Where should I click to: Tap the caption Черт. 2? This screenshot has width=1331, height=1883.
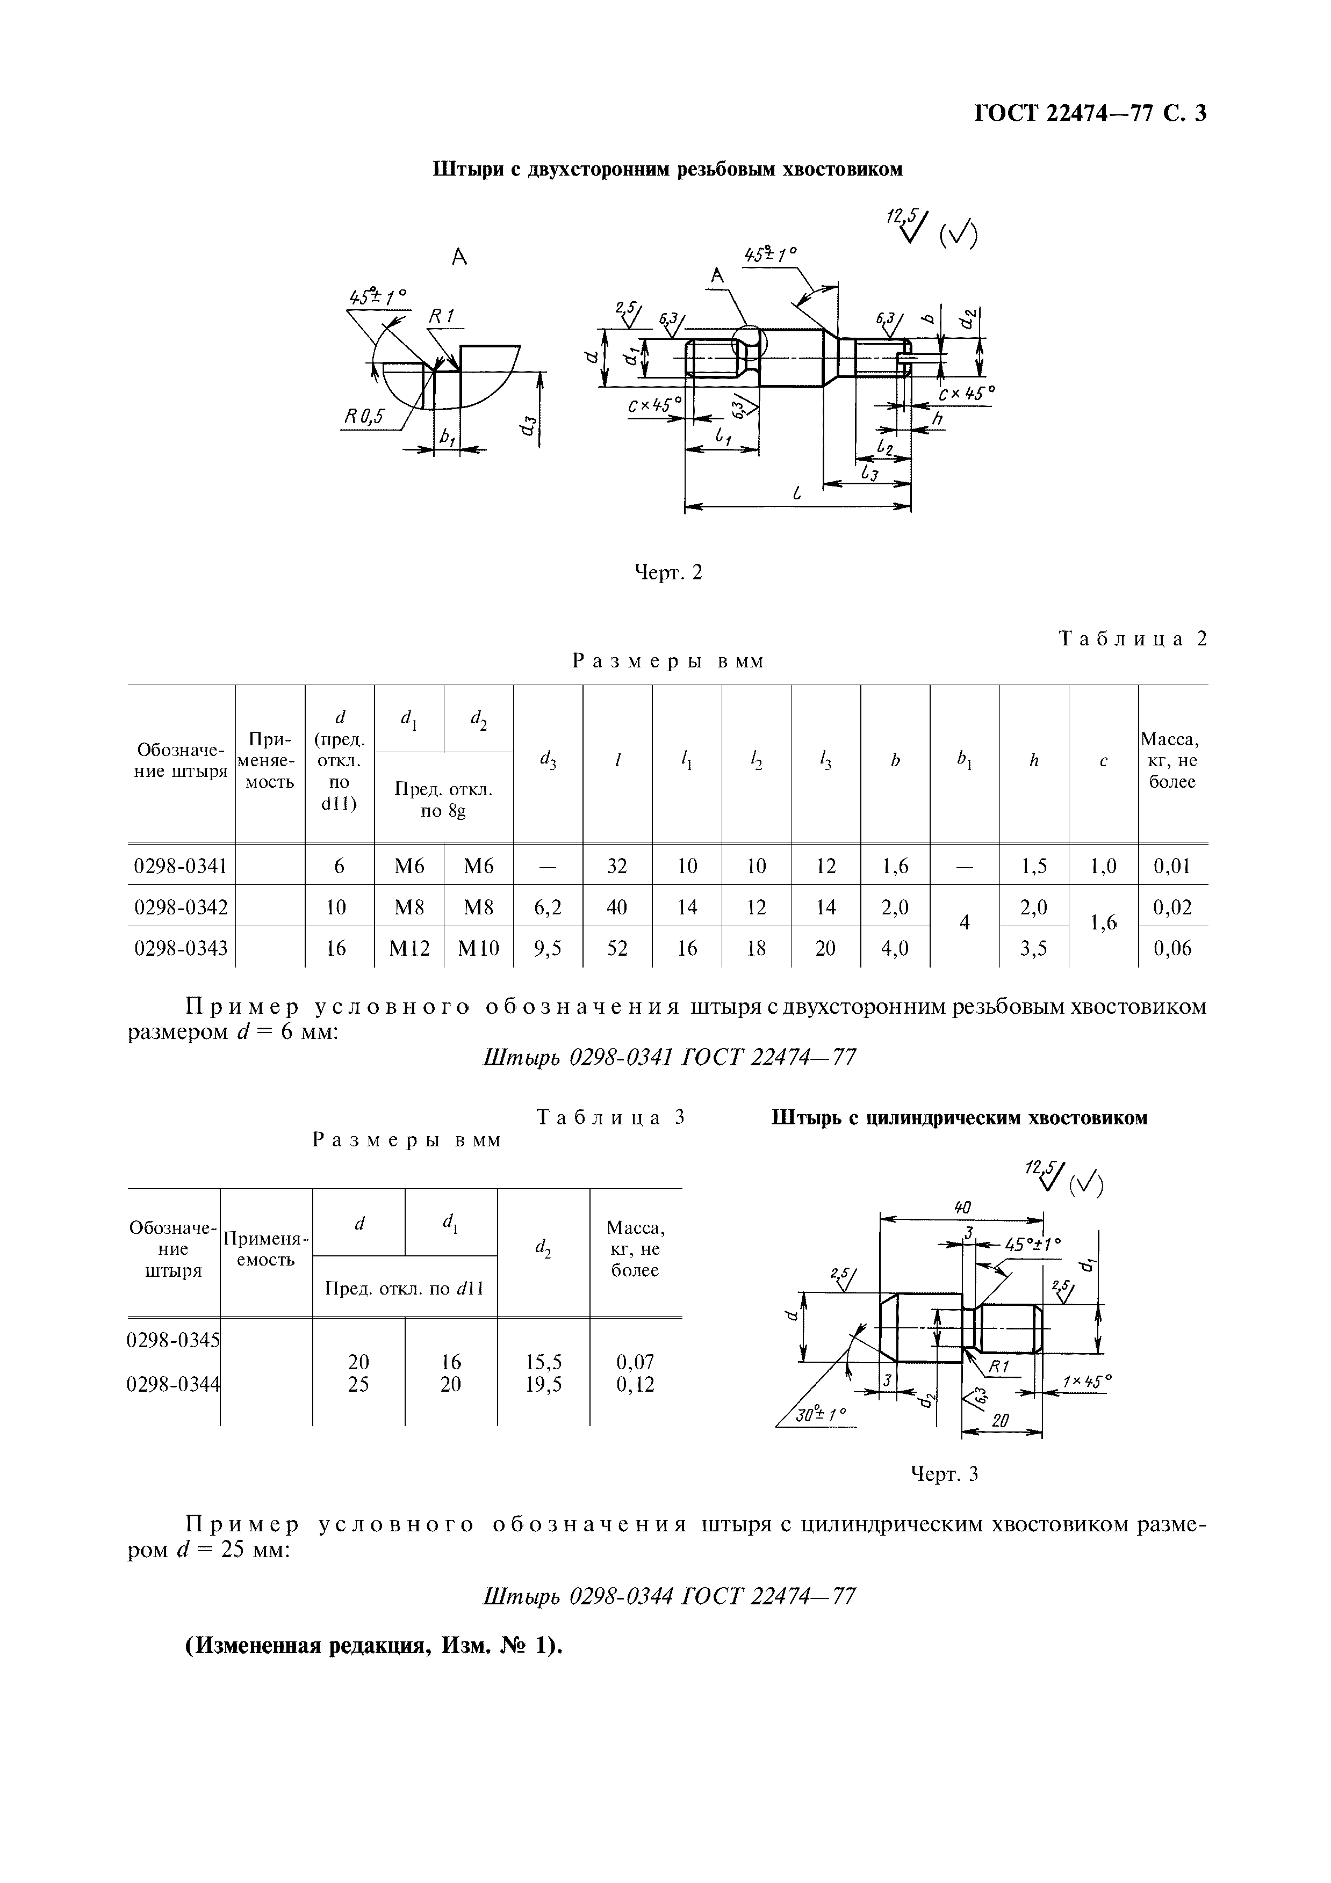[x=670, y=572]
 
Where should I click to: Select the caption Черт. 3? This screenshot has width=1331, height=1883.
[x=945, y=1474]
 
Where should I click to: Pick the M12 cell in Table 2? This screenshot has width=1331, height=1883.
[x=409, y=948]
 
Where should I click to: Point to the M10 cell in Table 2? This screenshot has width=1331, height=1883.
[x=478, y=948]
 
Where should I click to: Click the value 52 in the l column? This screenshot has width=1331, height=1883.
[x=617, y=948]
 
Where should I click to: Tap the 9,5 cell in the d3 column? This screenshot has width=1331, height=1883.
[x=548, y=948]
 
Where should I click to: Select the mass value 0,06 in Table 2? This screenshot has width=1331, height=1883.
[x=1172, y=948]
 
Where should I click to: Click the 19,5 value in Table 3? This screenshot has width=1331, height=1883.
[x=543, y=1384]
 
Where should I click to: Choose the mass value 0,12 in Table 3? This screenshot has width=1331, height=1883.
[x=635, y=1384]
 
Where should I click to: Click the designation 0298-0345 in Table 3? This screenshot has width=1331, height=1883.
[x=173, y=1340]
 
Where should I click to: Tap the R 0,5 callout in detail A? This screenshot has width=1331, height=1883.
[x=364, y=417]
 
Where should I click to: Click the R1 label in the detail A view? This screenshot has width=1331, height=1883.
[x=441, y=317]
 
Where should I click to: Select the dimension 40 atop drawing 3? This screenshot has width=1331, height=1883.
[x=962, y=1207]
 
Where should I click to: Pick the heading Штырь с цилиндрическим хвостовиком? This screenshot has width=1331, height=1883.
[x=959, y=1118]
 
